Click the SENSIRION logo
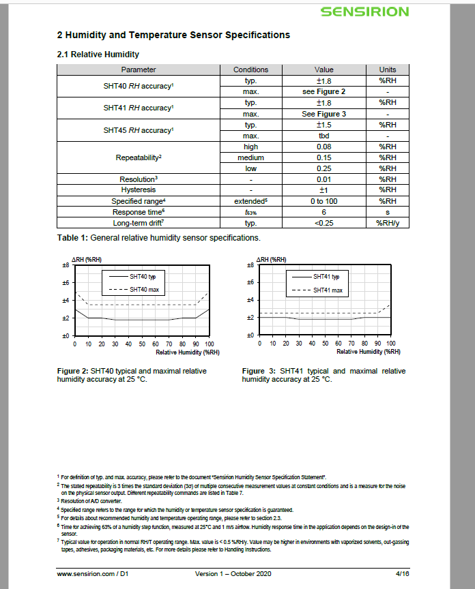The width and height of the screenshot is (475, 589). (364, 12)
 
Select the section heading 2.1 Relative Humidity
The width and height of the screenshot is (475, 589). (98, 54)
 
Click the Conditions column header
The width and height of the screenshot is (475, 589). (250, 70)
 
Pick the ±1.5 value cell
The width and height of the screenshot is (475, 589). (323, 125)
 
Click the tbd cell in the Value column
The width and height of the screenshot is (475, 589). (323, 136)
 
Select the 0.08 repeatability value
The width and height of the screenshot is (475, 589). (323, 147)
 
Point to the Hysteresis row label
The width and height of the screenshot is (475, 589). (139, 190)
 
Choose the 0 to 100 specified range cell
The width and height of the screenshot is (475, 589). (323, 201)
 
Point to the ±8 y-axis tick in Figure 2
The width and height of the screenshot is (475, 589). (66, 265)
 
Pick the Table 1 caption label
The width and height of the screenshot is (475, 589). (76, 238)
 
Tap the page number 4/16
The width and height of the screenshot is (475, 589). (403, 574)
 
